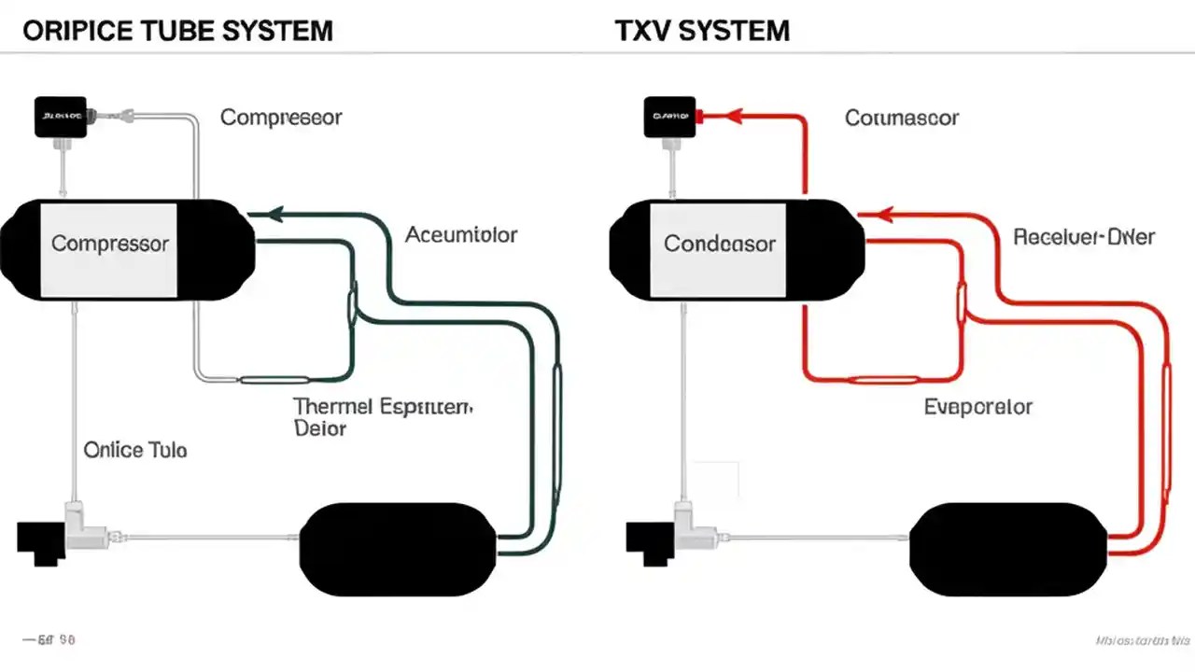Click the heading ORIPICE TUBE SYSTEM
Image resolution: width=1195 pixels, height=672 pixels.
pos(177,30)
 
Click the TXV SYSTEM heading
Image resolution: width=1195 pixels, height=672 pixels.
pos(702,30)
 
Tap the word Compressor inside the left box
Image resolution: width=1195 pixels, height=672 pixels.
pos(110,244)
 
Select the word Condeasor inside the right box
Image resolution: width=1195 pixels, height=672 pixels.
pos(719,244)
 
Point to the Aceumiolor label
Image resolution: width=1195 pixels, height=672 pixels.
pos(461,235)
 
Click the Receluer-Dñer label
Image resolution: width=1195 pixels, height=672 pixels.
pos(1084,237)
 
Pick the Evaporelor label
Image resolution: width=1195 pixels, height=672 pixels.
pos(978,407)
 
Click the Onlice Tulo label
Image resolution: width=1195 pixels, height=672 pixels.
pos(135,450)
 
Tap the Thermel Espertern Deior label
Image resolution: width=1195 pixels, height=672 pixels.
pos(383,417)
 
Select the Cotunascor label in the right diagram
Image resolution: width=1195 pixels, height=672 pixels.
pos(902,118)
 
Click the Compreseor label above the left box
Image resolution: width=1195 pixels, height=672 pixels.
pos(281,118)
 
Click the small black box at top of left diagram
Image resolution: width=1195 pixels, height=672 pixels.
pos(61,117)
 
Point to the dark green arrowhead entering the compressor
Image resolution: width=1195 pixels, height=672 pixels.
pos(275,215)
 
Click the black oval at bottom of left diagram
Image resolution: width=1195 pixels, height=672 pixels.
pos(397,549)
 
